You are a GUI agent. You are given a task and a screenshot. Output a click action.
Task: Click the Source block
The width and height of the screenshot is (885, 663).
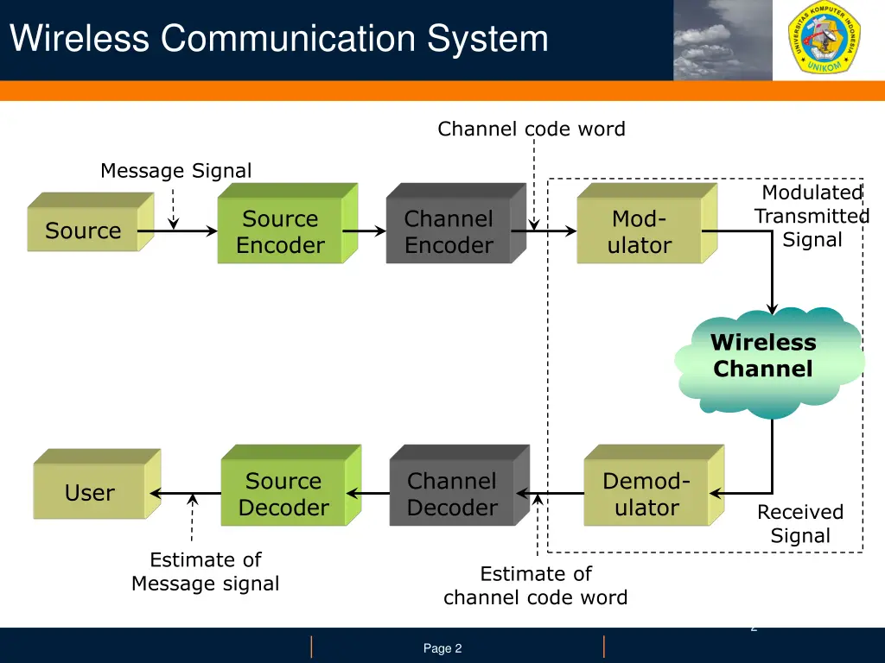pos(84,230)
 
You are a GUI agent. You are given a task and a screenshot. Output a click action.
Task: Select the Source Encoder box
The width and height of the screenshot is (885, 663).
pos(280,231)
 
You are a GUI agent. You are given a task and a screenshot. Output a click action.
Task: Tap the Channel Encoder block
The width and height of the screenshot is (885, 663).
pos(449,231)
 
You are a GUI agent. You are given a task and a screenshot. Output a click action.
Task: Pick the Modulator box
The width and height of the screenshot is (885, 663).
pos(640,231)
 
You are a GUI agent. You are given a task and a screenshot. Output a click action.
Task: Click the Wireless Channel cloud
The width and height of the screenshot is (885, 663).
pos(764,357)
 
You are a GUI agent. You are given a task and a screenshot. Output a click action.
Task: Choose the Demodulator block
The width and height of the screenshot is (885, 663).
pos(646,494)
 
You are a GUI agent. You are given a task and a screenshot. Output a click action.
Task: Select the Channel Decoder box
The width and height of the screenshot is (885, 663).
pos(452,494)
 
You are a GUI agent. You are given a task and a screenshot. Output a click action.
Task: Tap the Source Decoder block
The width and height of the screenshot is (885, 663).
pos(283,494)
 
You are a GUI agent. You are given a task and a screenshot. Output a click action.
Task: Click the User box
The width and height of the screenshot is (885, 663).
pos(90,492)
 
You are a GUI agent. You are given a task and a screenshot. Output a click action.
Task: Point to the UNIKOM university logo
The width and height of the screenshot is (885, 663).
pos(828,40)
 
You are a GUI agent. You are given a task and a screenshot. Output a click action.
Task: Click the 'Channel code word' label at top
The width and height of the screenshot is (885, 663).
pos(531,129)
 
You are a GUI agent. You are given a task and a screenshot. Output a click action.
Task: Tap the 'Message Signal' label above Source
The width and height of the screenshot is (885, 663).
pos(176,171)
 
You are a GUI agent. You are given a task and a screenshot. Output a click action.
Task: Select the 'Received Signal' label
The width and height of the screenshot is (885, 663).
pos(800,524)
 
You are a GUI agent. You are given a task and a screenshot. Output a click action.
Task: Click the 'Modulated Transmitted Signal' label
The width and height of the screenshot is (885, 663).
pos(812,216)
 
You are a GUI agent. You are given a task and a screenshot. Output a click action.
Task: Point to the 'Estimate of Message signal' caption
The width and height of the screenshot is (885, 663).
pos(206,571)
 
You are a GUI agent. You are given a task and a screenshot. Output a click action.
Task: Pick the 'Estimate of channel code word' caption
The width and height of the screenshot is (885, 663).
pos(536,585)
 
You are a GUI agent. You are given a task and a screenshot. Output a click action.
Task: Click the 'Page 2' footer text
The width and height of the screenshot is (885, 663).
pos(442,648)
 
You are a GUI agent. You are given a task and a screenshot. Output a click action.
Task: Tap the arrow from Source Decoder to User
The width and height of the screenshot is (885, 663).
pos(185,494)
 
